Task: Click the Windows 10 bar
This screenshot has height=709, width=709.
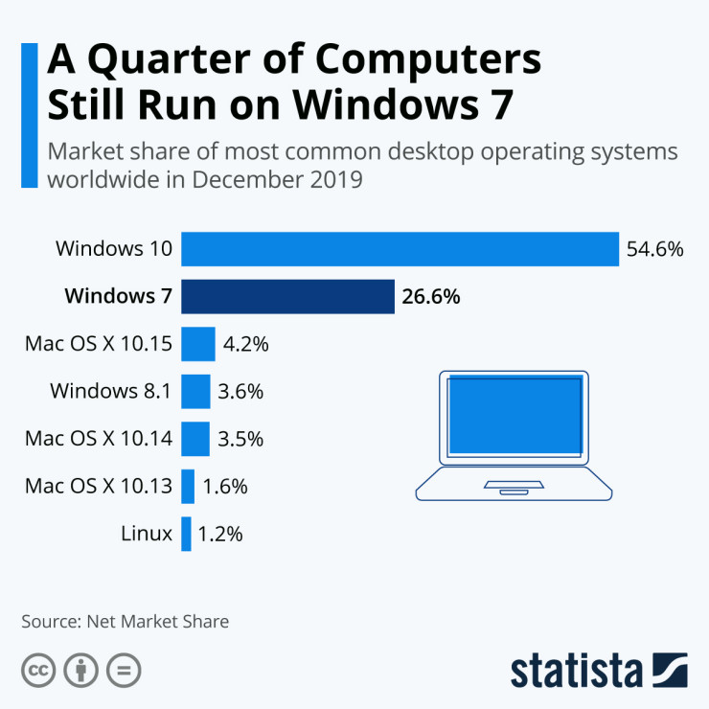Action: coord(400,250)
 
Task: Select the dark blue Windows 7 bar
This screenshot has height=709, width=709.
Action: coord(287,297)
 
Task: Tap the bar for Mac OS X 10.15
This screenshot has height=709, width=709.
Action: coord(197,344)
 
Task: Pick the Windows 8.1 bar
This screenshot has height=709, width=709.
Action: coord(195,391)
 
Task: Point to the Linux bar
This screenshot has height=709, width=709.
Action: coord(186,534)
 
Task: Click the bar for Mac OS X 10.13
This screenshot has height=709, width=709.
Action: coord(188,486)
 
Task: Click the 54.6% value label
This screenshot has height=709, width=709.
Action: coord(654,250)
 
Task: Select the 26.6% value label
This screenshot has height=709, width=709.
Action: coord(431,297)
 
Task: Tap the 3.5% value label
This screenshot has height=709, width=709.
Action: coord(240,439)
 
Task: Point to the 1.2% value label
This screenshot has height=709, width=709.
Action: coord(220,534)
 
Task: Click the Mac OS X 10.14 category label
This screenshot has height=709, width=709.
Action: coord(99,439)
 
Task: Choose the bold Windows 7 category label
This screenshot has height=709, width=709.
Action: coord(118,297)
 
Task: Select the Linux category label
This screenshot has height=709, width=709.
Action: coord(147,534)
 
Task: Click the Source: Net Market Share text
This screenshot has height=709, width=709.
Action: coord(126,621)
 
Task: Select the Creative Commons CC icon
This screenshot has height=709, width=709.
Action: coord(38,670)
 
